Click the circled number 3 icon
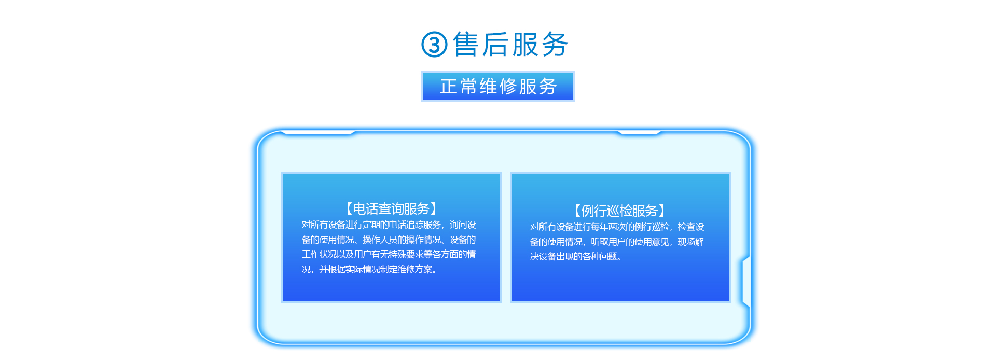tap(434, 45)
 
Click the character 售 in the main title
tap(465, 44)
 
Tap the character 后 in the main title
tap(495, 44)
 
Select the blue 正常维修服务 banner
tap(498, 86)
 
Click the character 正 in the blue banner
tap(449, 87)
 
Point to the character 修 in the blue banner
tap(508, 87)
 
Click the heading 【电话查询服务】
tap(391, 208)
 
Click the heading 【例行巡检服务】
tap(619, 211)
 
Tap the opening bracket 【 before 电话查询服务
tap(348, 208)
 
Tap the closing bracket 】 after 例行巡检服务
tap(663, 211)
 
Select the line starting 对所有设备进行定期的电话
tap(389, 225)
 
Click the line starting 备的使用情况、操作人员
tap(389, 240)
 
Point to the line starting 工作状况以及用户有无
tap(389, 254)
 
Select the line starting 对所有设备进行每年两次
tap(617, 227)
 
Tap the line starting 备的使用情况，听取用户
tap(617, 242)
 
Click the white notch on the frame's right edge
tap(746, 281)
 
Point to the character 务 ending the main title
tap(555, 44)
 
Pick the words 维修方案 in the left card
tap(415, 269)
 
